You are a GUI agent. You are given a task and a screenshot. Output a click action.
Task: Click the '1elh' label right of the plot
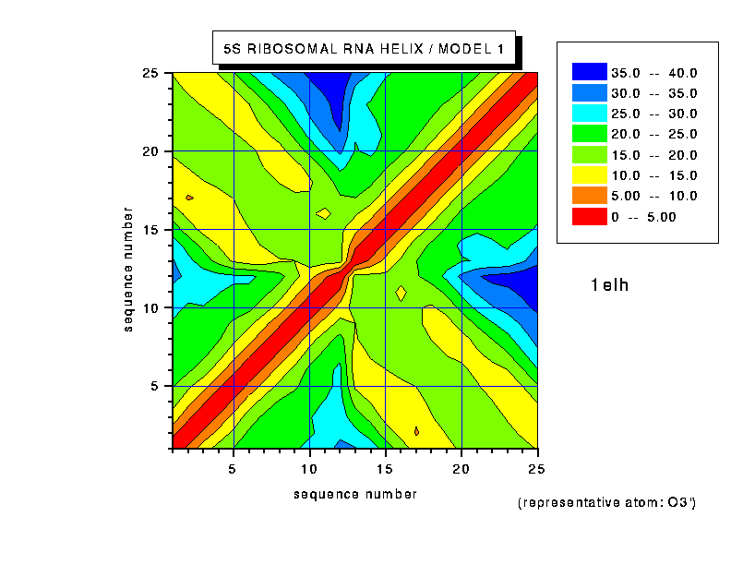[x=609, y=285]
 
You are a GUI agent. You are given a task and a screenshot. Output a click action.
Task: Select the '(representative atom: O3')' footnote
[x=606, y=503]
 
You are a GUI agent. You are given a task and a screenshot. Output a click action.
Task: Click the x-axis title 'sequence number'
[x=355, y=494]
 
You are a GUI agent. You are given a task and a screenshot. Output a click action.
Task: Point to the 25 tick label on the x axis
[x=537, y=469]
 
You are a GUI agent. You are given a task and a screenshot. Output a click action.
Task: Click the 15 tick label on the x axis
[x=385, y=469]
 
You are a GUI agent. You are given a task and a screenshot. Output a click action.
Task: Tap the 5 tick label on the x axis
[x=234, y=469]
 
